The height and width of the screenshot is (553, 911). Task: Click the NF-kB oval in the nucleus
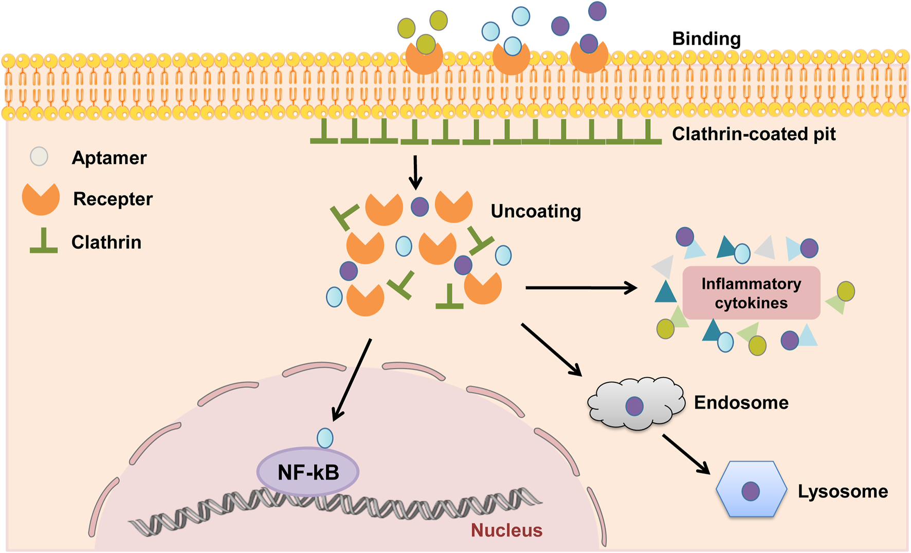click(x=307, y=472)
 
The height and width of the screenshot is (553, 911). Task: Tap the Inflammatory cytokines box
click(x=751, y=293)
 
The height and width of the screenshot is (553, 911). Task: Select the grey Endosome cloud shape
click(x=635, y=404)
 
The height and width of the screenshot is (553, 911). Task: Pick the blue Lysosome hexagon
click(x=751, y=489)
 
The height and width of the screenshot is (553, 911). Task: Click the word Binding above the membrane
click(x=706, y=39)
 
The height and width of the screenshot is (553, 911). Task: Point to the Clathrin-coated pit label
click(x=754, y=134)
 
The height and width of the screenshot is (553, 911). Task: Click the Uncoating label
click(x=536, y=211)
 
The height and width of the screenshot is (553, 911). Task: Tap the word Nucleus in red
click(x=506, y=530)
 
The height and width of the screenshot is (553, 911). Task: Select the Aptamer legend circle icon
click(x=39, y=156)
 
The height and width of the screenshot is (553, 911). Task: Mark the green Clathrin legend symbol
click(x=44, y=242)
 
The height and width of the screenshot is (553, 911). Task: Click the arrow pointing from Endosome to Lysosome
click(x=686, y=453)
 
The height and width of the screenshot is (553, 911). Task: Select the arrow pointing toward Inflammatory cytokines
click(x=581, y=288)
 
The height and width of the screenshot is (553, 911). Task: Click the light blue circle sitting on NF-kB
click(x=325, y=438)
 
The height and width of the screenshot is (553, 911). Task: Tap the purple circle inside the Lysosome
click(x=751, y=491)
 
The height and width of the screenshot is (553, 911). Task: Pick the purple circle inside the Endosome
click(x=634, y=406)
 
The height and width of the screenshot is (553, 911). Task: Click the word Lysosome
click(x=843, y=491)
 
